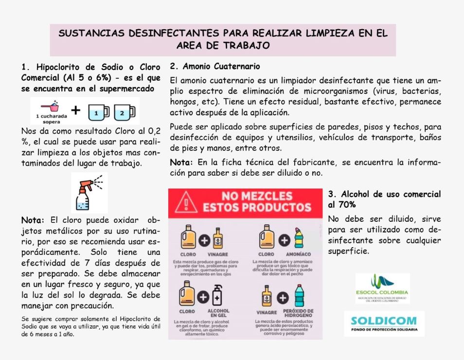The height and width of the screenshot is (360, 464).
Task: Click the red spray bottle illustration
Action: (x=88, y=192)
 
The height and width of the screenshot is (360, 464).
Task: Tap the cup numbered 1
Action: (x=99, y=113)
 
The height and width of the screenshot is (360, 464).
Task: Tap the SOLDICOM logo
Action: (x=384, y=324)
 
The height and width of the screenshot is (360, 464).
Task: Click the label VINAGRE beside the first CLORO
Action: (x=217, y=254)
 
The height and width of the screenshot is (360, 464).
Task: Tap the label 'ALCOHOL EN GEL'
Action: (x=218, y=313)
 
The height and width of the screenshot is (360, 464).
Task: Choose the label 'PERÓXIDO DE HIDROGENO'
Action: (x=298, y=313)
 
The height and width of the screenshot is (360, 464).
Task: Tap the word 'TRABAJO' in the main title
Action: (x=246, y=45)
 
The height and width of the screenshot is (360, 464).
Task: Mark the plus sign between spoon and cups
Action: (x=75, y=110)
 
